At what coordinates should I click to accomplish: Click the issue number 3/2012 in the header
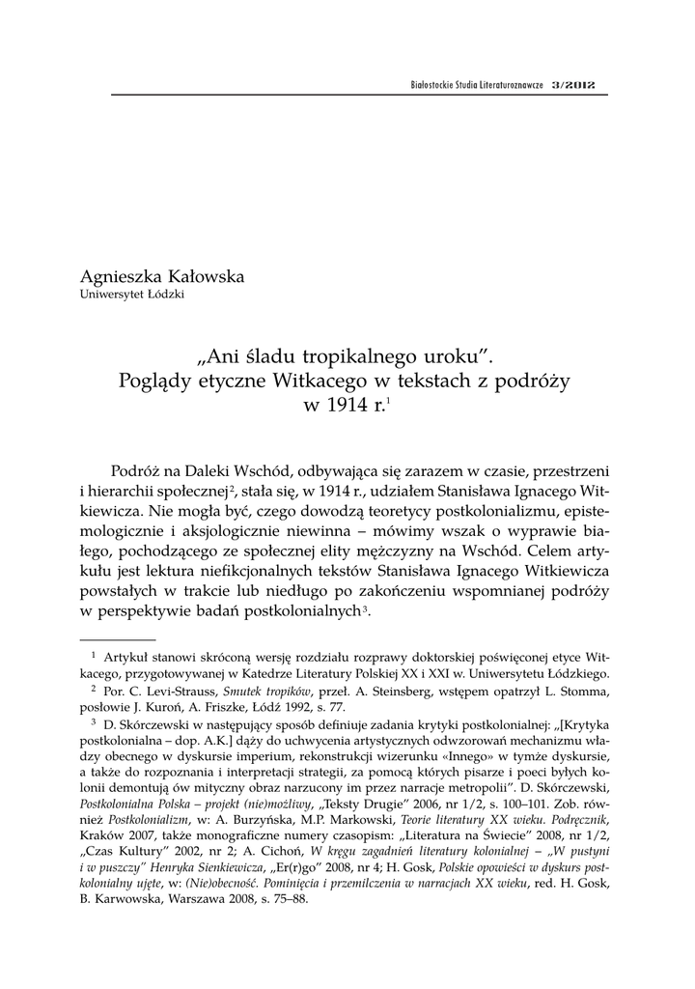[x=573, y=85]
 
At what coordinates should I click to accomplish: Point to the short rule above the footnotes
[x=117, y=639]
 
